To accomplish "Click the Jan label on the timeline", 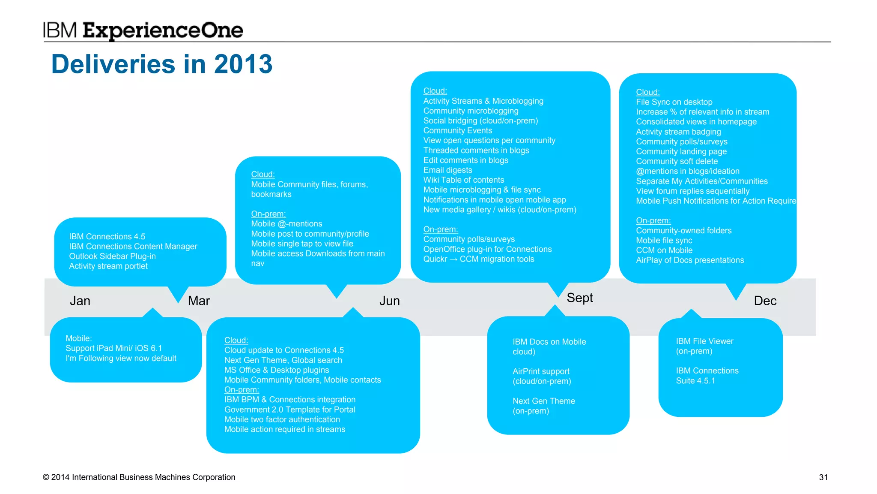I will point(80,301).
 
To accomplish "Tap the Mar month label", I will point(199,301).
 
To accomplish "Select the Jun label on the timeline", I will point(389,301).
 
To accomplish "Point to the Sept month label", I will point(579,298).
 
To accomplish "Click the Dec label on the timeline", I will point(765,301).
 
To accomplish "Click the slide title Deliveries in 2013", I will point(161,64).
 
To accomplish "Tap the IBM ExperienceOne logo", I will point(143,30).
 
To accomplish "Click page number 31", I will point(823,477).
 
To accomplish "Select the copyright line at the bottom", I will point(139,477).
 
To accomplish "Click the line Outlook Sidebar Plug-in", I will point(112,256).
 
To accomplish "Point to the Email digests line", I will point(447,170).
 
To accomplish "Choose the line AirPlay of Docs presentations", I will point(689,260).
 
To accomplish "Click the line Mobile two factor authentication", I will point(282,419).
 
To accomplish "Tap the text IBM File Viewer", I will point(704,341).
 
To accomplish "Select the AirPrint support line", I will point(541,371).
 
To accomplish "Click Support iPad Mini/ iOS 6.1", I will point(113,348).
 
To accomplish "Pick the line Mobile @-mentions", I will point(286,223).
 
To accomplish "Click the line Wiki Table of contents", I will point(463,180).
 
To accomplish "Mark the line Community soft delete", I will point(677,161).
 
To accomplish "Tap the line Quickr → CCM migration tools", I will point(478,259).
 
